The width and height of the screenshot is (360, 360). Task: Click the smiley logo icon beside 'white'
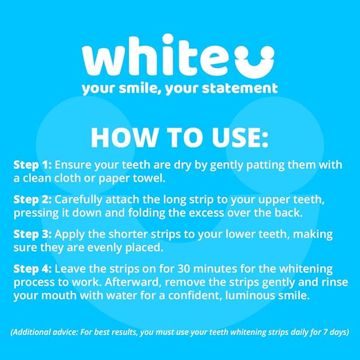(x=256, y=59)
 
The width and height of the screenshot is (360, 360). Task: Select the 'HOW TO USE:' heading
(x=179, y=137)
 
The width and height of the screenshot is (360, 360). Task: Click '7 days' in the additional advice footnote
(x=333, y=333)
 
